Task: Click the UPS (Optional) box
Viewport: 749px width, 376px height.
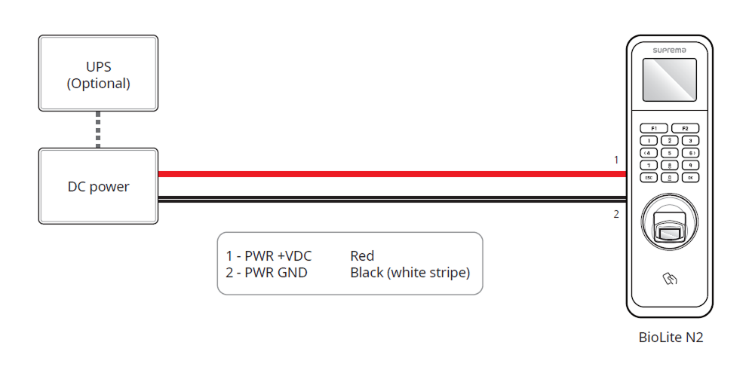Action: [x=98, y=74]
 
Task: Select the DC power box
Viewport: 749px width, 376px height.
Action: [x=98, y=186]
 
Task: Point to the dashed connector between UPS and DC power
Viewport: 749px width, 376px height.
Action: [x=98, y=130]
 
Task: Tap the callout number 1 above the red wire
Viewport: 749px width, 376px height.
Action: [x=616, y=160]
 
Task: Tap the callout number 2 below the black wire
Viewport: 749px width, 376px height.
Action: [x=616, y=214]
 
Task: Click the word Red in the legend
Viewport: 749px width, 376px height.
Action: [x=362, y=256]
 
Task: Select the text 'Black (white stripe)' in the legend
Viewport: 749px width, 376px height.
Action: [x=410, y=273]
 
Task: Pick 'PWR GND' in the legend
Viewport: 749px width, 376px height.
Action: [x=276, y=273]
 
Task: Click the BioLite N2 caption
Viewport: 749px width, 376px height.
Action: [x=671, y=338]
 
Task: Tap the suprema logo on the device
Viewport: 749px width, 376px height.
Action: [x=670, y=49]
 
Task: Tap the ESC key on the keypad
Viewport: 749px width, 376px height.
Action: [x=649, y=178]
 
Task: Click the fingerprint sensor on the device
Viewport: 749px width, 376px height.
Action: [x=670, y=225]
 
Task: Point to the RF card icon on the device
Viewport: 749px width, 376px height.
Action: [x=670, y=280]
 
